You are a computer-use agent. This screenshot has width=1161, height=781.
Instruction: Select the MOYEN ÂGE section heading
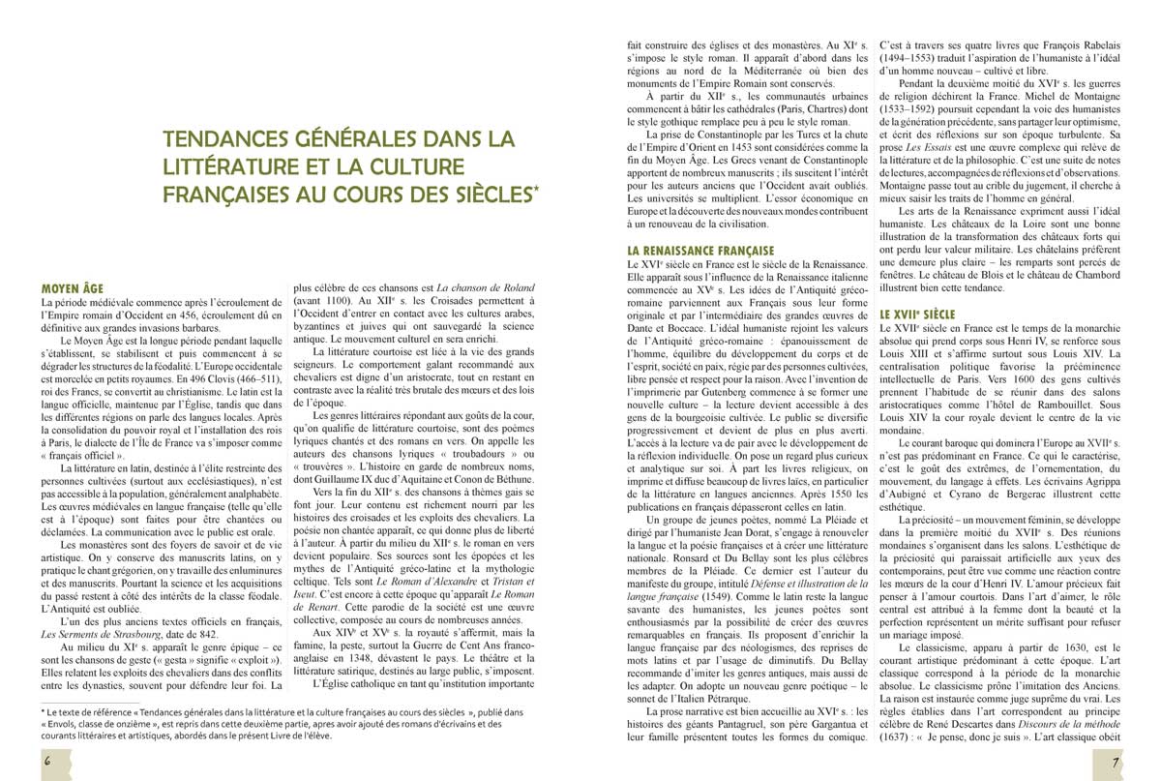(78, 287)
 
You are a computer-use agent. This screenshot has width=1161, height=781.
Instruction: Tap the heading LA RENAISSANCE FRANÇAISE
(700, 251)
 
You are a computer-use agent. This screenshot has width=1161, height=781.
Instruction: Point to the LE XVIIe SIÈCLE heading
(916, 315)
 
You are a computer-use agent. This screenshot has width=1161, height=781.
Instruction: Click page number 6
(46, 760)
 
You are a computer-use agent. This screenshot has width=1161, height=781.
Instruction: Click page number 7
(1116, 760)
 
